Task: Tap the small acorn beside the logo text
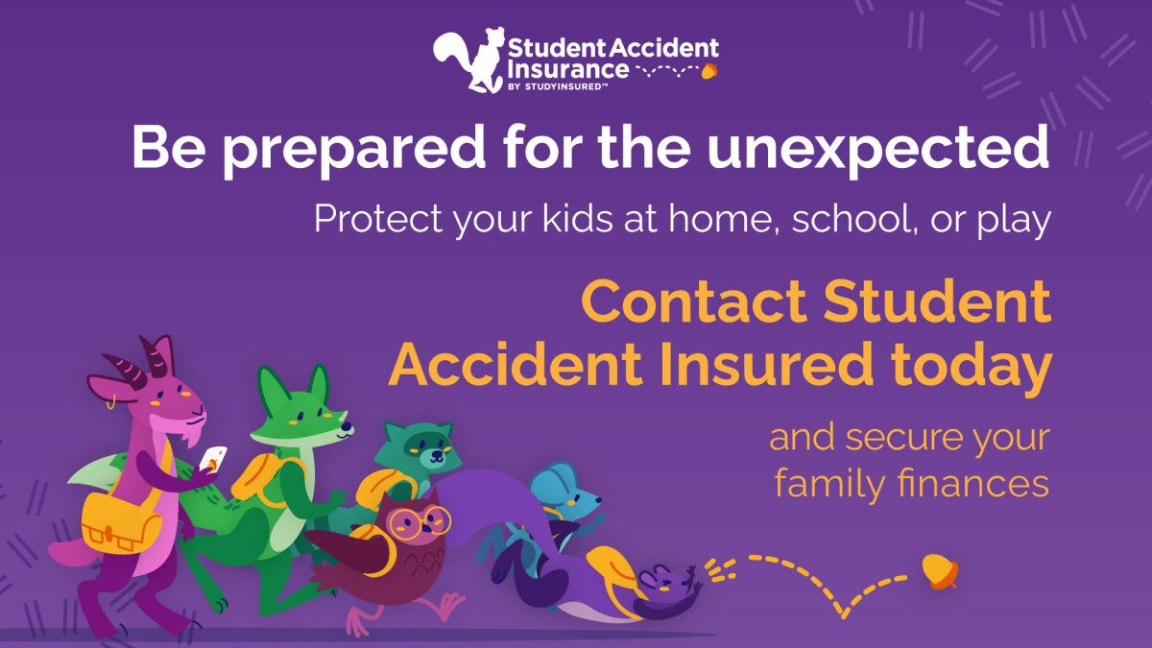click(709, 70)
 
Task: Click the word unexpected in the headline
click(877, 148)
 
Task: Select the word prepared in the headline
click(353, 149)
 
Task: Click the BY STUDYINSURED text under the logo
click(558, 87)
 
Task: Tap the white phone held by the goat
click(213, 458)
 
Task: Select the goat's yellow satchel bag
click(121, 523)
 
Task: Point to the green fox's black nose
click(348, 426)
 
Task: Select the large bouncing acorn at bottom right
click(940, 571)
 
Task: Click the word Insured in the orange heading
click(767, 366)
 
